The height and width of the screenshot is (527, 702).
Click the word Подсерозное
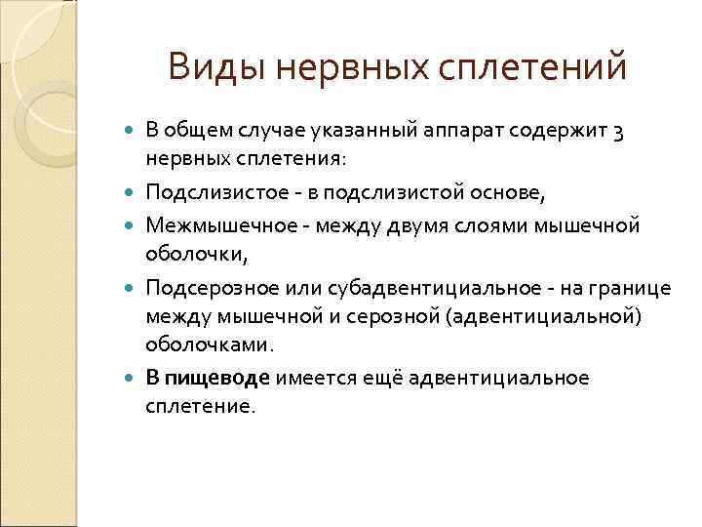[202, 290]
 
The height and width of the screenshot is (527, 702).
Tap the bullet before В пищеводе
[133, 378]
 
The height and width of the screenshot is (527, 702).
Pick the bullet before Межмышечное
[133, 225]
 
